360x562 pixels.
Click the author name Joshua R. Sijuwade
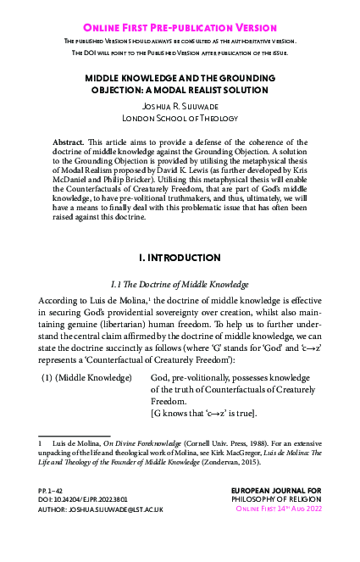(x=180, y=107)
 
